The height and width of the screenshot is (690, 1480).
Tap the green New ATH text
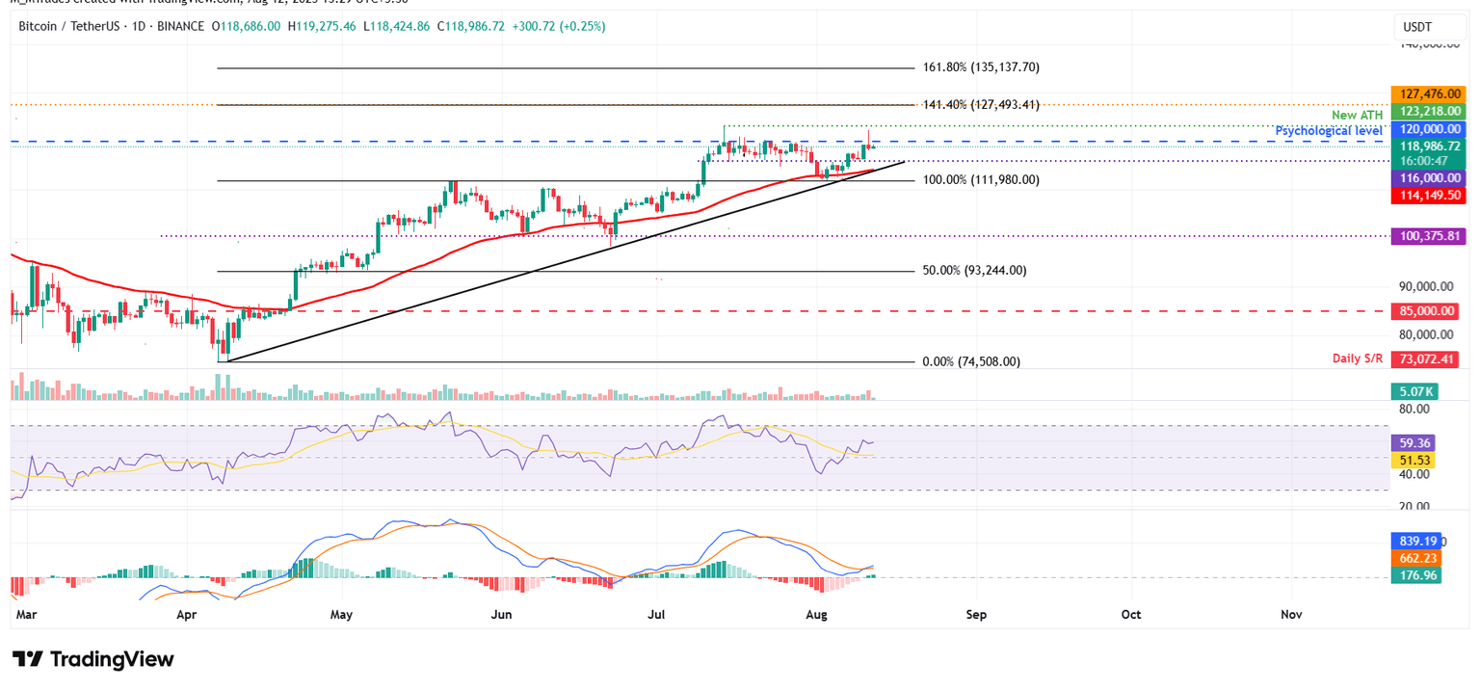pyautogui.click(x=1357, y=116)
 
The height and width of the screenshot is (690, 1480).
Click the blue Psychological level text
pyautogui.click(x=1330, y=130)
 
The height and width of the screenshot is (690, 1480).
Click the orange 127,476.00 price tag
pyautogui.click(x=1426, y=94)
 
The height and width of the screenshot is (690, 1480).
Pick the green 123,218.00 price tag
pyautogui.click(x=1426, y=112)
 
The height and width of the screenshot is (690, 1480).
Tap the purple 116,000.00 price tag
pyautogui.click(x=1426, y=178)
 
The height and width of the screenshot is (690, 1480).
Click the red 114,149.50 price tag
pyautogui.click(x=1426, y=196)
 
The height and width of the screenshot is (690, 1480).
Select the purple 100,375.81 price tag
pyautogui.click(x=1426, y=236)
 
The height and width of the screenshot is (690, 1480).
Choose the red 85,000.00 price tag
pyautogui.click(x=1426, y=311)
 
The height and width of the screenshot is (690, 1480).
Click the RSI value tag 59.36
pyautogui.click(x=1414, y=443)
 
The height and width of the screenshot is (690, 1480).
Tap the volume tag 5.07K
pyautogui.click(x=1414, y=392)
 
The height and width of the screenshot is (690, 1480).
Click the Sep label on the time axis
pyautogui.click(x=976, y=614)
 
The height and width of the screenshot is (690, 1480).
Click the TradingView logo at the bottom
pyautogui.click(x=93, y=659)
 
